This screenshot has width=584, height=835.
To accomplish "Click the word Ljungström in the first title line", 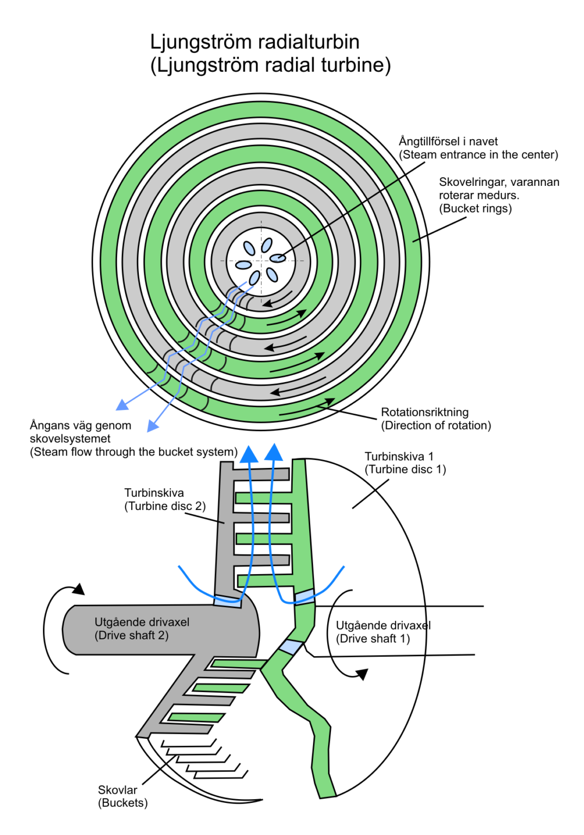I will [199, 42].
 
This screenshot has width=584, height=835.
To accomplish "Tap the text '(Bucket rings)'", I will [475, 209].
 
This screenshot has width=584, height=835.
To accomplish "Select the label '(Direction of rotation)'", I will [435, 426].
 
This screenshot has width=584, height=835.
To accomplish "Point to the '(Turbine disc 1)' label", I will [405, 470].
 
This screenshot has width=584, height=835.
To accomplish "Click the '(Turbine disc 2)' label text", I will [165, 506].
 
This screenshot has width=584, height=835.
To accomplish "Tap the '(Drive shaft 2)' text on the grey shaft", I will [131, 635].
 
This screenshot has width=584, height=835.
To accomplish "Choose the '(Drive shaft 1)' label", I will [373, 639].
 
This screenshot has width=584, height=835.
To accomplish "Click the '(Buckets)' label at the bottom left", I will [122, 803].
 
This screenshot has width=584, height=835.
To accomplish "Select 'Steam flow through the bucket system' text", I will [133, 452].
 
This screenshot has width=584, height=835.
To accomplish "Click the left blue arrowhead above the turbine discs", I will [249, 454].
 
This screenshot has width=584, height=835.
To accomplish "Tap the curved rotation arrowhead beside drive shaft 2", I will [79, 589].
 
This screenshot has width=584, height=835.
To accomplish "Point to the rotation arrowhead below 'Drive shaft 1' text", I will [362, 675].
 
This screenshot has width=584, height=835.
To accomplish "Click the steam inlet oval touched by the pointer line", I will [278, 258].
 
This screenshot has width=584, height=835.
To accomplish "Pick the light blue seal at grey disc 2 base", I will [228, 601].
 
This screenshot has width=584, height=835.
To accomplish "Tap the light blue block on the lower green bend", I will [291, 647].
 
